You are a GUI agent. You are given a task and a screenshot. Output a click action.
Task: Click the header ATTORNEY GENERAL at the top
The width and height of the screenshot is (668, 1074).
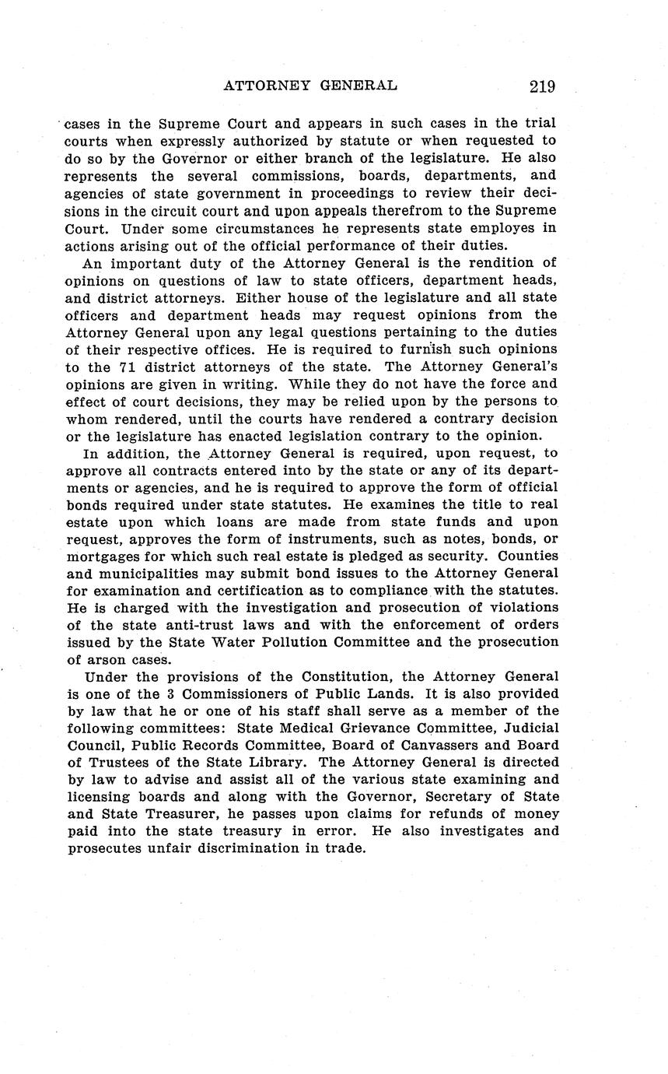pyautogui.click(x=310, y=86)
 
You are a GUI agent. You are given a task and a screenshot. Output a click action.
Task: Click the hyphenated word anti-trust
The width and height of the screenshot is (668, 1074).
pyautogui.click(x=187, y=625)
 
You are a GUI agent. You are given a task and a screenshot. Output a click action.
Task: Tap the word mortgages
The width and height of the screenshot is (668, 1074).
pyautogui.click(x=103, y=556)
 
